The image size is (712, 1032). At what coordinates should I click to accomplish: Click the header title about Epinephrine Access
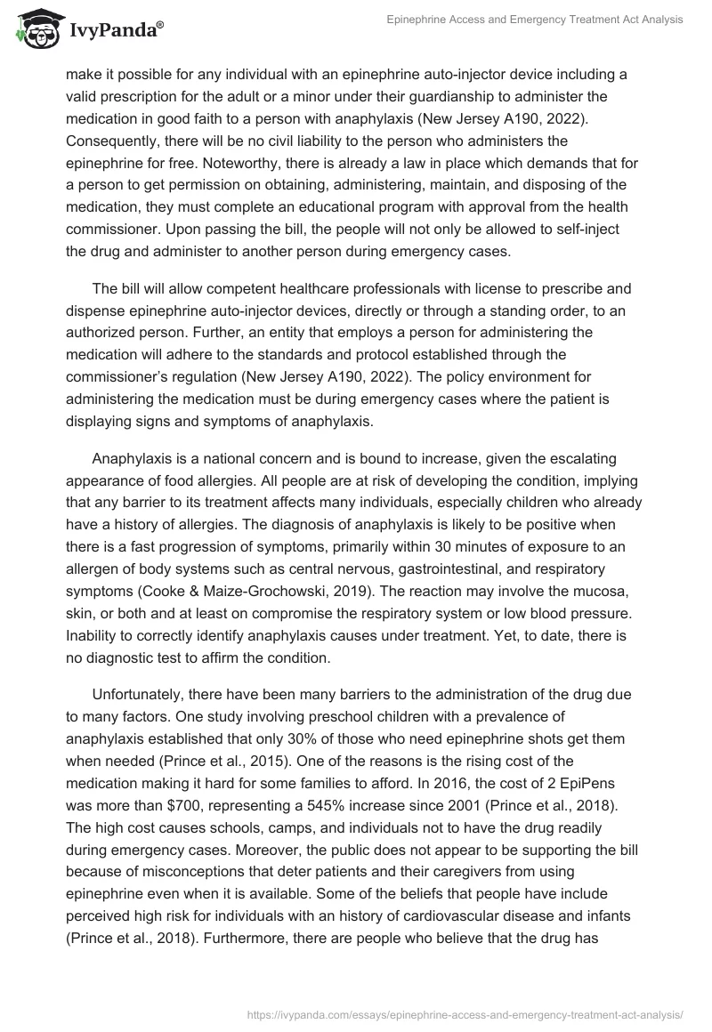(535, 20)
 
